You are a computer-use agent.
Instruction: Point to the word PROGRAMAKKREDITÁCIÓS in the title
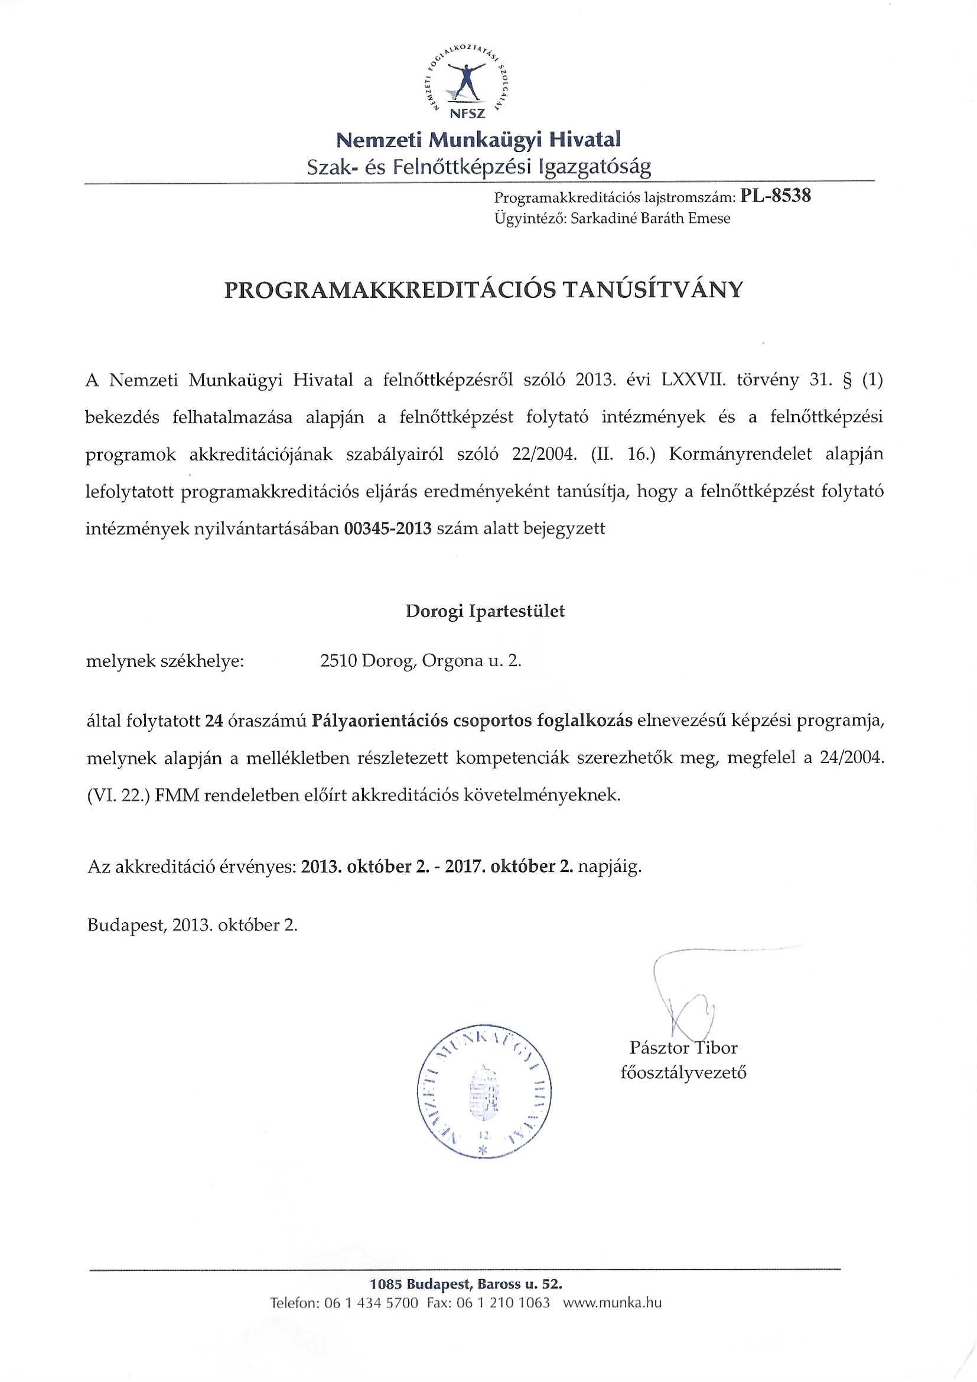tap(389, 290)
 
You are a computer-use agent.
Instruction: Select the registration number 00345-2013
tap(389, 529)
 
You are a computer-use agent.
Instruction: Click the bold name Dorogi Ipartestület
tap(485, 612)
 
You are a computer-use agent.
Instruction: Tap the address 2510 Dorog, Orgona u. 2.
tap(421, 661)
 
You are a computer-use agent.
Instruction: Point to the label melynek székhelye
tap(165, 661)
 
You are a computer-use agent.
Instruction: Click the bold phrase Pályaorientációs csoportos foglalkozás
tap(473, 721)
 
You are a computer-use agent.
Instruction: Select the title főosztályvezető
tap(683, 1073)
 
